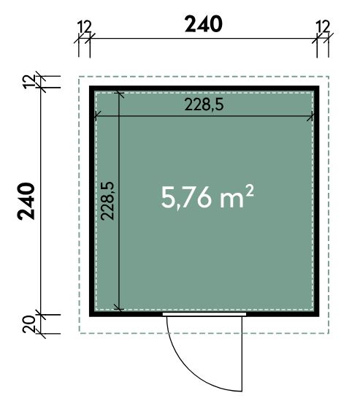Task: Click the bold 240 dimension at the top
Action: [204, 24]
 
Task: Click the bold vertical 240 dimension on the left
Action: [26, 202]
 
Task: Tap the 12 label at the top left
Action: [84, 27]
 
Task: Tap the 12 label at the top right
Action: [323, 26]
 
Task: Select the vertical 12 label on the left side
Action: [28, 82]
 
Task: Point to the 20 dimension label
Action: [28, 324]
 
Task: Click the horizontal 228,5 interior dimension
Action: [204, 104]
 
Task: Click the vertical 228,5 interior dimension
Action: [107, 201]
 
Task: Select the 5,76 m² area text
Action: [207, 196]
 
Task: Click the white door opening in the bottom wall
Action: [204, 314]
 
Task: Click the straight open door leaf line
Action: [242, 354]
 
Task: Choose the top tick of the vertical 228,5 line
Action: [119, 94]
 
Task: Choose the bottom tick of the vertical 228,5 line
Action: [119, 308]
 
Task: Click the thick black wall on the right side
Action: [317, 202]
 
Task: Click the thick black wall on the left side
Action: [92, 202]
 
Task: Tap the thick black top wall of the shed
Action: [204, 88]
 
